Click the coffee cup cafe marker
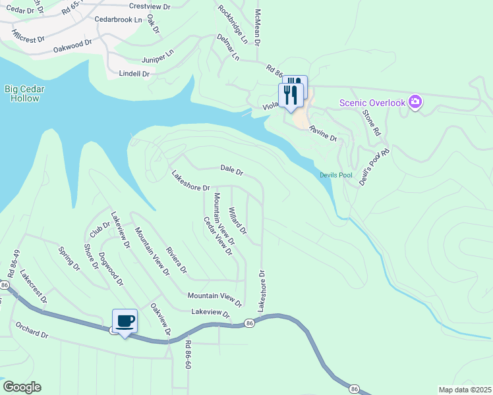point(125,321)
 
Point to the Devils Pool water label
point(336,175)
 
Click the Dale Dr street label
point(232,171)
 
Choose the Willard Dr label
point(237,221)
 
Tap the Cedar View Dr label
point(218,236)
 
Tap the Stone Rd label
point(372,122)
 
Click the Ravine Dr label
point(324,134)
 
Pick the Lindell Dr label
point(134,74)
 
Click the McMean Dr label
point(258,27)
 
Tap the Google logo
point(22,387)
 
